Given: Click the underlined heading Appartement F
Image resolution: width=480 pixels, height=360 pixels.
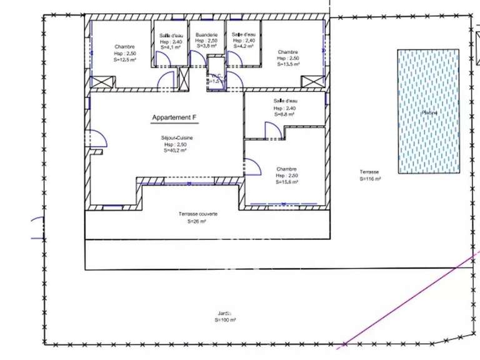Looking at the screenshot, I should [174, 117].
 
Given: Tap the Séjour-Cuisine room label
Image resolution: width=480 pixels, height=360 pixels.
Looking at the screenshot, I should [176, 137].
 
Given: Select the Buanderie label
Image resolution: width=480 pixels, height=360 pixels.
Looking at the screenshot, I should [206, 34].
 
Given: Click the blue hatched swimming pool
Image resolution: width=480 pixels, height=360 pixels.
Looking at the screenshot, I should [429, 111].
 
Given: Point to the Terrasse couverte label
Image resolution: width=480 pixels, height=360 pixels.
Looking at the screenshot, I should [197, 214].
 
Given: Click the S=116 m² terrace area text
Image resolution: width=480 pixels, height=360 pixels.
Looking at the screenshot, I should [370, 179].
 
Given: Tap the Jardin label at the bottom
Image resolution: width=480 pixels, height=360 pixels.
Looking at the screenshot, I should [224, 312].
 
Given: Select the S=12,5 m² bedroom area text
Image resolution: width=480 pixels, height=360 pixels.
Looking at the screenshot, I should [124, 60].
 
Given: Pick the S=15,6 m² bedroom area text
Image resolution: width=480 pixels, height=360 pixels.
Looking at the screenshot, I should [286, 182].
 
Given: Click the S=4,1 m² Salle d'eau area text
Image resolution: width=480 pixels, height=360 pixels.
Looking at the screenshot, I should [170, 46].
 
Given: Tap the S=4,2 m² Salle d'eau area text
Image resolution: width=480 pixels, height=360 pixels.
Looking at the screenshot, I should [242, 46].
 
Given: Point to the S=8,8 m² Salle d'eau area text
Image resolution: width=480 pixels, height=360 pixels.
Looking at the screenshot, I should [284, 114].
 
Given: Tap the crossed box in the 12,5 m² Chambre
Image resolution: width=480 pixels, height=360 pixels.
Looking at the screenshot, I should [102, 81].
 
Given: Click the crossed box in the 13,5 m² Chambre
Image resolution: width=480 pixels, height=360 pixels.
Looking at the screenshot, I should [311, 82].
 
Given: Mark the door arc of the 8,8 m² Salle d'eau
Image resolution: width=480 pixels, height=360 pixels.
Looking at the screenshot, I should [272, 129].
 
